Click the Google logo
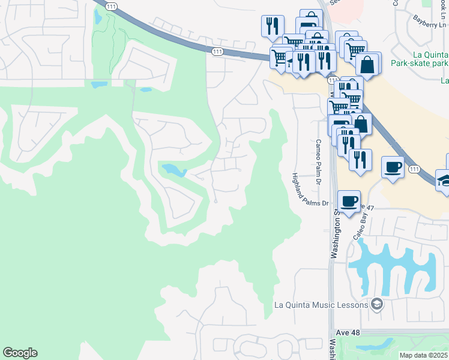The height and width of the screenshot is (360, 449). (x=20, y=353)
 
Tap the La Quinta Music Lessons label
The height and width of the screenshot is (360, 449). (x=320, y=305)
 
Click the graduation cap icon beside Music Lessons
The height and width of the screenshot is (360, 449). (x=376, y=305)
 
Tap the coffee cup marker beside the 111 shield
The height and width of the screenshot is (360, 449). (x=393, y=166)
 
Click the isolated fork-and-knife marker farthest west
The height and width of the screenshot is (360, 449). (x=272, y=26)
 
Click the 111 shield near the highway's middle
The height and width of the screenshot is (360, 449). (x=217, y=52)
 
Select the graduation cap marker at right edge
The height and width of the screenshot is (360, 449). (x=445, y=181)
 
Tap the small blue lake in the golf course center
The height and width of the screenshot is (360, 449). (x=172, y=170)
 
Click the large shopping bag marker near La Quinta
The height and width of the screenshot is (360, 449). (x=367, y=64)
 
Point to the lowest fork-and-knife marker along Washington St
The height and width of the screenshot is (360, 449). (x=360, y=160)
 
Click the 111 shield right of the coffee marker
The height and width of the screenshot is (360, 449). (x=414, y=170)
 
